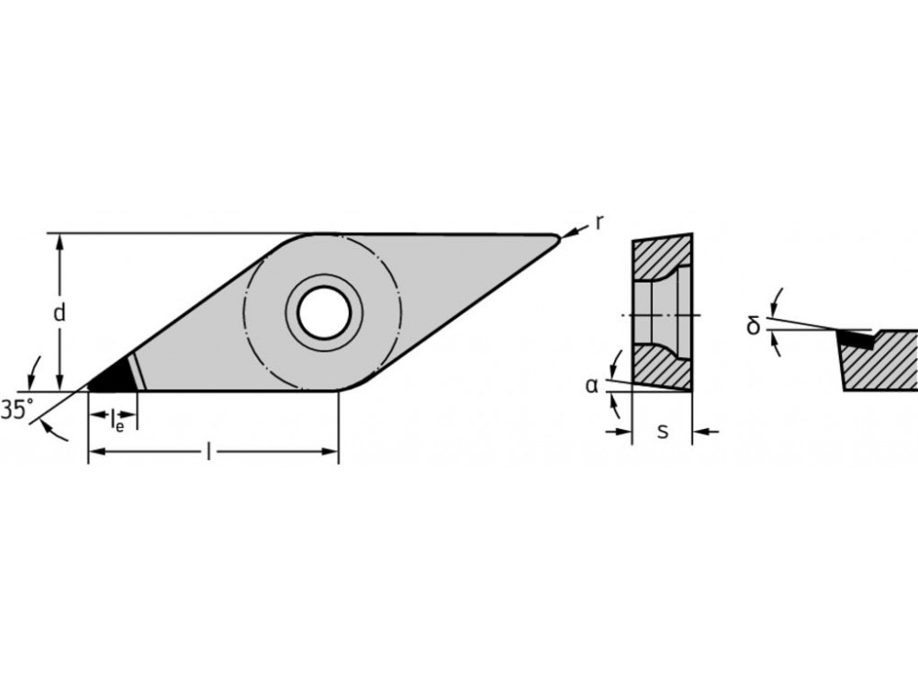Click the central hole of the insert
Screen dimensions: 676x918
coord(323,313)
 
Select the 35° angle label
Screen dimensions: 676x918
coord(16,411)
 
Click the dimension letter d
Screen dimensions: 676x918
coord(59,313)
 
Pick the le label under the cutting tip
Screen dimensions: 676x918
coord(117,423)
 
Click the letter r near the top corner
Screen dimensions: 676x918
coord(599,221)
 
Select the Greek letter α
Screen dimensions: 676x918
coord(591,385)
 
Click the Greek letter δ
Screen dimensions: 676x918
coord(754,325)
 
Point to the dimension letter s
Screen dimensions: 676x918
coord(663,430)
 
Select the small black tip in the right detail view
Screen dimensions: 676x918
coord(855,340)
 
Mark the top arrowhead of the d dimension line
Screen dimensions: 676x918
coord(60,241)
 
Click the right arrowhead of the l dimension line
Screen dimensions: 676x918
coord(331,451)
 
